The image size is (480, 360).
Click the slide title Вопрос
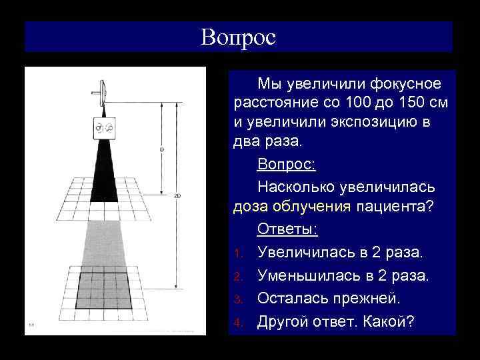pos(238,37)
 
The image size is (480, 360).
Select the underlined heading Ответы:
pos(288,229)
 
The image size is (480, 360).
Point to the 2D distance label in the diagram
pos(177,196)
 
